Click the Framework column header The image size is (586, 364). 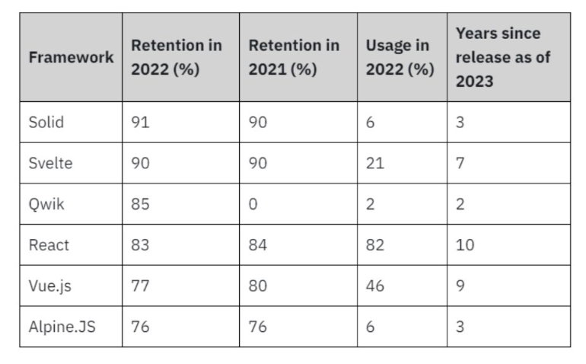pos(71,57)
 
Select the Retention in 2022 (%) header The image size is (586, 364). pos(177,57)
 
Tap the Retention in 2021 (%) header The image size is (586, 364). pos(294,57)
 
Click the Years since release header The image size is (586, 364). pos(503,57)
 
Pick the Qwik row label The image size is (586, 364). pos(46,204)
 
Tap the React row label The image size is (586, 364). pos(49,245)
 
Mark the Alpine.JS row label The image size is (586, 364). pos(60,327)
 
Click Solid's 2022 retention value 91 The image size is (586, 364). pos(141,123)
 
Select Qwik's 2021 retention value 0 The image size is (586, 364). pos(253,204)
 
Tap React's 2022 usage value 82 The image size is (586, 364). pos(375,245)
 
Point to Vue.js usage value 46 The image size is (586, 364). pos(375,286)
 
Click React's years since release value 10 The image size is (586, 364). pos(466,245)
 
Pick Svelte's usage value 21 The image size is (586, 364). pos(374,163)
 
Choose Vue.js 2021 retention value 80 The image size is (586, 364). pos(259,286)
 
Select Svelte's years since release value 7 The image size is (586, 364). pos(460,163)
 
